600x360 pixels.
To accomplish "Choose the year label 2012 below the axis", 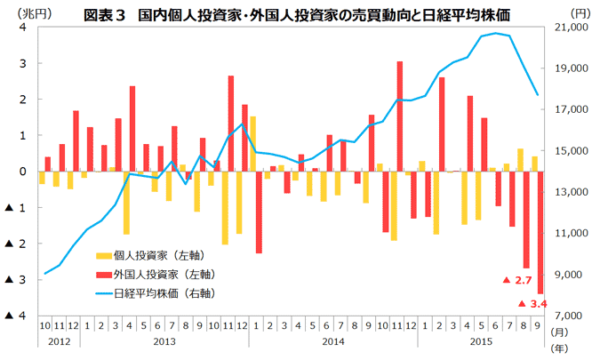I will tap(58, 341).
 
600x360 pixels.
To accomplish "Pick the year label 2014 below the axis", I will tap(333, 341).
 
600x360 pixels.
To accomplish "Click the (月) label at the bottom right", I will tap(558, 331).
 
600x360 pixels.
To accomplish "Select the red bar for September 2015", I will tap(540, 232).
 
